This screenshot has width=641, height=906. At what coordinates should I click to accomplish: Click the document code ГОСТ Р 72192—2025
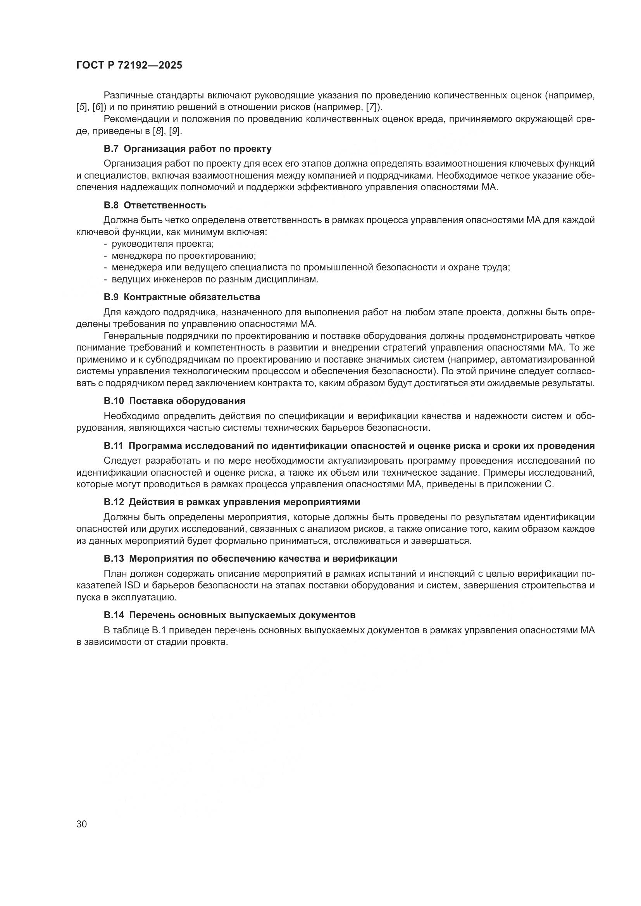(x=129, y=65)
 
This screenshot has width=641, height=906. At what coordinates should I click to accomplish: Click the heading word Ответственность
(x=168, y=205)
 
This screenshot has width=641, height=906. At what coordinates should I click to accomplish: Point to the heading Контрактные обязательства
(x=195, y=297)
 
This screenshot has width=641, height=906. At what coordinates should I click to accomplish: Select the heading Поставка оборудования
(x=187, y=401)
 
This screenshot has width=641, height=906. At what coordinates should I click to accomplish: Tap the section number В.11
(x=114, y=446)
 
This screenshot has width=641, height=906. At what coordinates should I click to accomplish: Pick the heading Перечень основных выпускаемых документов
(x=242, y=615)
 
